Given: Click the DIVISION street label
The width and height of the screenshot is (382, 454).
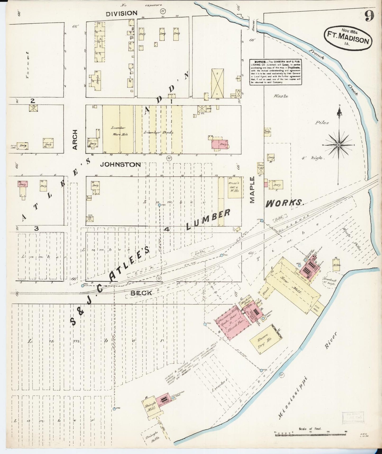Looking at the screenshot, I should point(122,13).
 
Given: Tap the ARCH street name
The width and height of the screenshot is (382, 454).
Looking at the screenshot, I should point(75,140).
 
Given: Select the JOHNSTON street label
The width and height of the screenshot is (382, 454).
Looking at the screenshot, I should point(120,164).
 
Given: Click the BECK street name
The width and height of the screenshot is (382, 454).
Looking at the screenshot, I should point(141,293).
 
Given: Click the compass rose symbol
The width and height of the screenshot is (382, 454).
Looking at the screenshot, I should point(339,145).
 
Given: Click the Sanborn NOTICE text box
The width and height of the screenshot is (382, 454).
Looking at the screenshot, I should point(275,72).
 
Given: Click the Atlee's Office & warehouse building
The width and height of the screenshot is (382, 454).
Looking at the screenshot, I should point(235,188).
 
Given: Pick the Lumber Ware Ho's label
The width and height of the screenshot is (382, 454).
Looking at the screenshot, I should point(118,131).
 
